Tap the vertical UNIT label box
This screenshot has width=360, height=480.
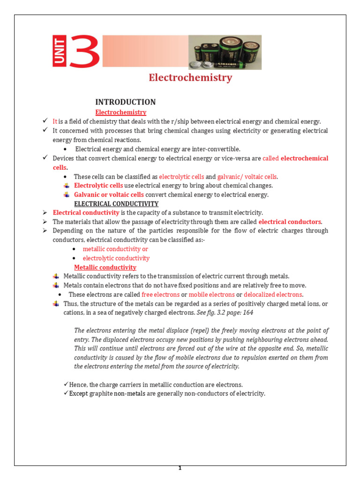(59, 52)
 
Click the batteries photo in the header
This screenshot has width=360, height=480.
(225, 52)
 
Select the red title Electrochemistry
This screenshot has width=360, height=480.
(190, 78)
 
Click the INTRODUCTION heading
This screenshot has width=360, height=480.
(126, 102)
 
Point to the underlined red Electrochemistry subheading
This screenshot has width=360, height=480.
(121, 112)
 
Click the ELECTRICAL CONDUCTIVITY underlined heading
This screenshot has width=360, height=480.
(116, 204)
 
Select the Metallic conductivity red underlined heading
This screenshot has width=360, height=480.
(105, 267)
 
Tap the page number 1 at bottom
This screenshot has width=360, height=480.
(180, 468)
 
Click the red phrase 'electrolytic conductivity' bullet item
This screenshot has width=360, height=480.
(116, 258)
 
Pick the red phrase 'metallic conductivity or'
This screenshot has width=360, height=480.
(115, 249)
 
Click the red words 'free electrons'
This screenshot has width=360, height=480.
(160, 295)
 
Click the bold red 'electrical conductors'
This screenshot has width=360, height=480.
(290, 222)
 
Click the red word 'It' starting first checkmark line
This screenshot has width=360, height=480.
(55, 121)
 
